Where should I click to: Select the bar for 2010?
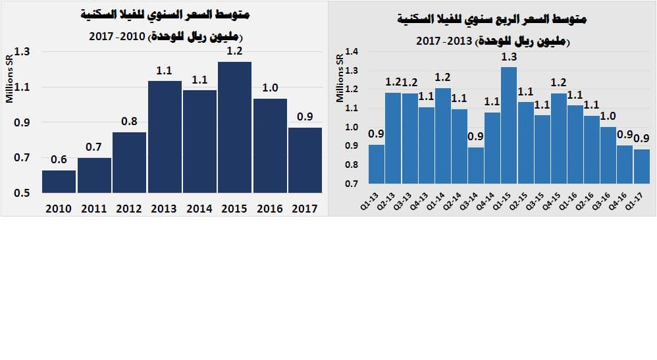pos(59,182)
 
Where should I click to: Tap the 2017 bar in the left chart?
pos(305,160)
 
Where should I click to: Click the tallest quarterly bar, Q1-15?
pos(509,125)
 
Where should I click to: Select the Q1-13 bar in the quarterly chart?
pos(377,164)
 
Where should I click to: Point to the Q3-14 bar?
pos(475,165)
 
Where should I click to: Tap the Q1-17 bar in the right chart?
pos(641,167)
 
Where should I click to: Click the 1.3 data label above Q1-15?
pos(509,57)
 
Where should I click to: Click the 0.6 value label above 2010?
pos(59,159)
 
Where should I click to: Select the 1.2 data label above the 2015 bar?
pos(234,51)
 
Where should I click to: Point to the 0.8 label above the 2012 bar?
pos(129,121)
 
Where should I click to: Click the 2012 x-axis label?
pos(129,209)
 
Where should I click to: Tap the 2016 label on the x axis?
pos(270,209)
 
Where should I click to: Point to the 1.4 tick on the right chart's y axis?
pos(352,52)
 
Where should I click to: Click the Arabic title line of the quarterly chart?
pos(492,20)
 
